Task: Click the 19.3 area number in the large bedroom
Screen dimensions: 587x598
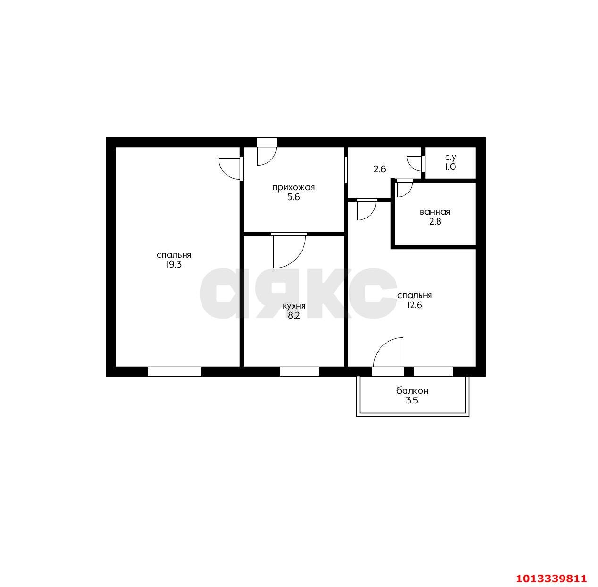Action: pos(174,265)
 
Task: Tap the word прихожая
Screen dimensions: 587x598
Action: pos(293,187)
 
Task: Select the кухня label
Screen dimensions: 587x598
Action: pos(294,306)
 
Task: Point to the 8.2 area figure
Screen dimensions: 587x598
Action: pos(294,316)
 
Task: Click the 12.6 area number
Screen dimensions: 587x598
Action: pos(414,305)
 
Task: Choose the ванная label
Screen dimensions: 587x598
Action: pos(435,212)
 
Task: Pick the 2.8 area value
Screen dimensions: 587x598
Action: pos(435,221)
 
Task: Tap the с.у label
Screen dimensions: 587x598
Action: pos(450,157)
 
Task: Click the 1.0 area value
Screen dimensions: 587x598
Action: pos(450,167)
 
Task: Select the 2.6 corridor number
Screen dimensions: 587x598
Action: pos(379,168)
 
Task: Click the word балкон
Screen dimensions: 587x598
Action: pos(412,391)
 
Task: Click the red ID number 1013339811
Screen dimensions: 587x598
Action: pos(551,578)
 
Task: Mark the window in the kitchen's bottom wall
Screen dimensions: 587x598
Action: pos(299,371)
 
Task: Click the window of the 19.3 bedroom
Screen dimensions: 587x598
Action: pos(174,371)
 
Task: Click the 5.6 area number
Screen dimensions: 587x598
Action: pos(293,197)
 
